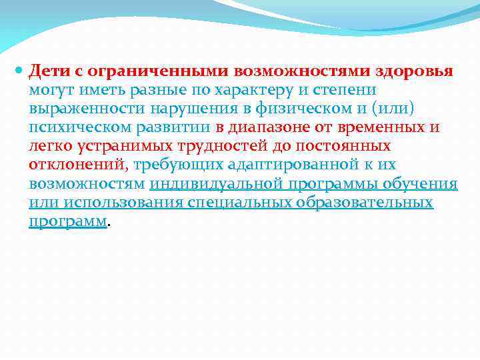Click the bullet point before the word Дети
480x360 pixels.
coord(19,70)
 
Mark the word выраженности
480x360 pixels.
coord(79,109)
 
